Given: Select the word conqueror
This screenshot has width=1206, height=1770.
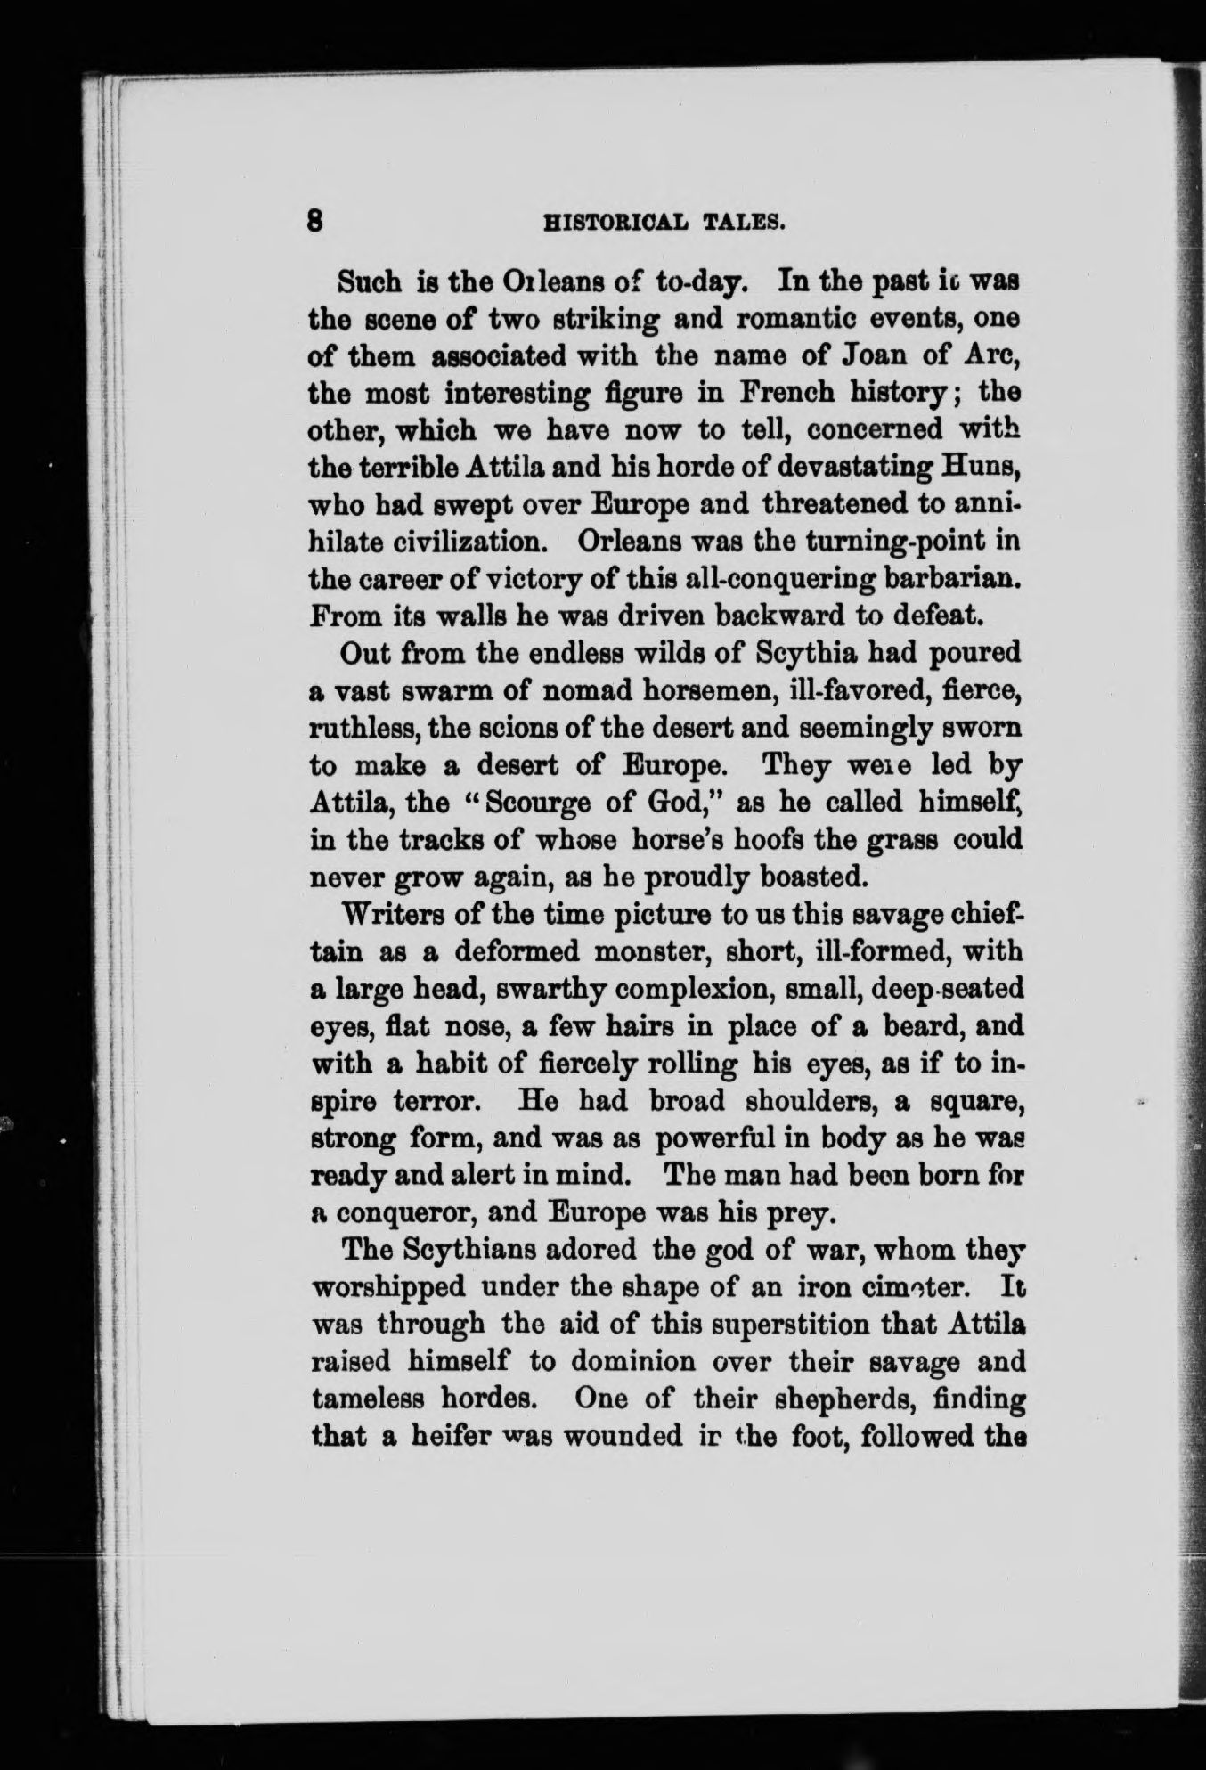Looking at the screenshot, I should tap(405, 1213).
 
